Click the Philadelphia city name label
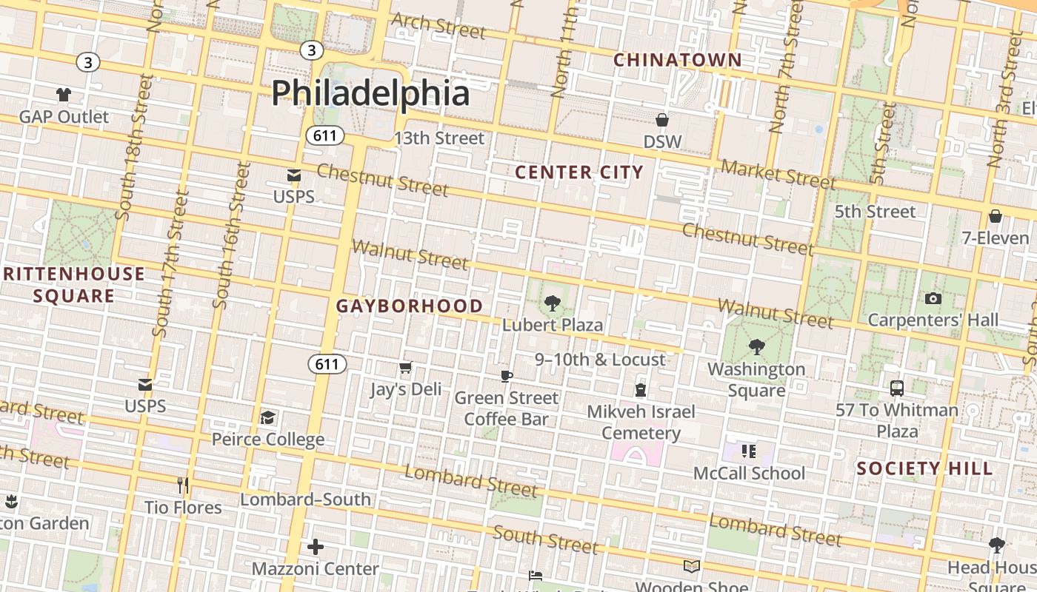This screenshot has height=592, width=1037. (x=370, y=94)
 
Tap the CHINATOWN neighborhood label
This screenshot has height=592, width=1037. (x=678, y=60)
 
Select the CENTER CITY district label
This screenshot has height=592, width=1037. (x=579, y=172)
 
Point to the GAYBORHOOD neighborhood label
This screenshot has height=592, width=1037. (x=410, y=306)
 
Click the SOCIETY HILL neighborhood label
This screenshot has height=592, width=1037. (x=924, y=468)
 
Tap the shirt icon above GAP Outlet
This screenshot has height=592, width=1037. (x=64, y=95)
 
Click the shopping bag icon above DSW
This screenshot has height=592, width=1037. (x=662, y=120)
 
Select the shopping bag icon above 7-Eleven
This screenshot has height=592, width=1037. (x=996, y=216)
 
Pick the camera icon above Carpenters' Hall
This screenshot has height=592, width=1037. (x=933, y=298)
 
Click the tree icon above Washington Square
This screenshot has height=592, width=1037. (x=756, y=346)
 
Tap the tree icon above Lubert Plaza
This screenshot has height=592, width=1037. (x=552, y=303)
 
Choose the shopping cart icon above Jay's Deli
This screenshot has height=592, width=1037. (x=405, y=368)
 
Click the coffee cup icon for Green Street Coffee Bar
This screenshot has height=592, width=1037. (x=507, y=376)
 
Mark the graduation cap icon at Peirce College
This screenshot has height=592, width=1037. (x=267, y=418)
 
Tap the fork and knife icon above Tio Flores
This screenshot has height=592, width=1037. (x=183, y=485)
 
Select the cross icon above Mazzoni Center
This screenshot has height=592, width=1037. (x=316, y=547)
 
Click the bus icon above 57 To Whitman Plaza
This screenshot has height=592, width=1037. (x=897, y=388)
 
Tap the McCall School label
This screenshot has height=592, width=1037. (x=749, y=474)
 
